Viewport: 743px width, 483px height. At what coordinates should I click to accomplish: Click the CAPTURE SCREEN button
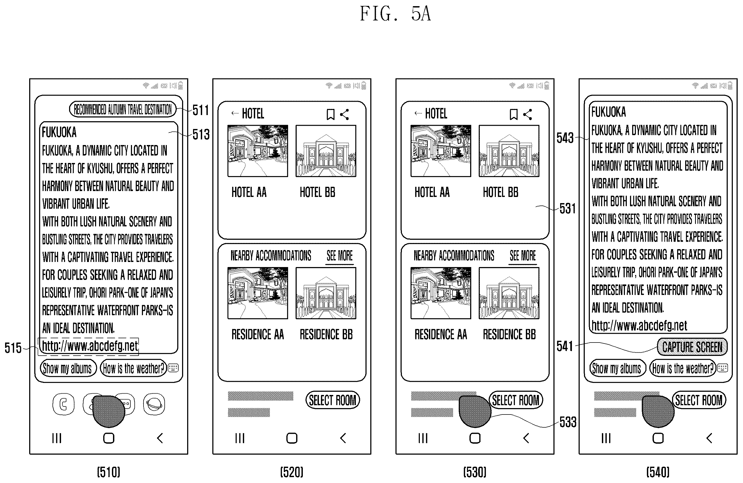coord(692,347)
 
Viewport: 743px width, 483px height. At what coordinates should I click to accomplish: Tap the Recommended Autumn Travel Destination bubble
coord(123,109)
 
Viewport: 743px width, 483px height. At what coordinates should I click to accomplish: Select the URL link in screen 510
coord(90,346)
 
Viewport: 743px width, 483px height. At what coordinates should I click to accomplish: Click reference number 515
coord(13,348)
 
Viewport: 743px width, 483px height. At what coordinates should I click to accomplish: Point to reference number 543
coord(565,138)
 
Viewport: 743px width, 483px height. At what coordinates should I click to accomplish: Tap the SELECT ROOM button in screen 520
coord(333,400)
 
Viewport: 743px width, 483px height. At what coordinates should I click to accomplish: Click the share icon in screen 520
coord(344,115)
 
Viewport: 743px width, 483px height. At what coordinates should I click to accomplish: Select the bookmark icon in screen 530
coord(514,115)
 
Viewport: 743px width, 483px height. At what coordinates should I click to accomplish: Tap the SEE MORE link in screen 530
coord(523,256)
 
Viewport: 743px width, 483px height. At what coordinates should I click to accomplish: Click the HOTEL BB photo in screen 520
coord(326,151)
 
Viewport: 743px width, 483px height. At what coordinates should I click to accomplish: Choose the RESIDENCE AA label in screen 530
coord(440,334)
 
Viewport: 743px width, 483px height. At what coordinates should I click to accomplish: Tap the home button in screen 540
coord(658,438)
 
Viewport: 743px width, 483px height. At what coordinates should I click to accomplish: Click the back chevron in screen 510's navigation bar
coord(160,438)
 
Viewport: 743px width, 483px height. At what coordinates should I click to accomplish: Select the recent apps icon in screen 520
coord(240,438)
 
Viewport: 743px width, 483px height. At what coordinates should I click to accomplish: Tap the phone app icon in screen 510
coord(64,404)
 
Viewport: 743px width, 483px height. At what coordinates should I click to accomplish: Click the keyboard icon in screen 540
coord(722,368)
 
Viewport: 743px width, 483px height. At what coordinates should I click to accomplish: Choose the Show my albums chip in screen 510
coord(68,368)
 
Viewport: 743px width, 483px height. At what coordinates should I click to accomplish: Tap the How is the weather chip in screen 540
coord(683,368)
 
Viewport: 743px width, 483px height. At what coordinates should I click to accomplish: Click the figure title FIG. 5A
coord(395,14)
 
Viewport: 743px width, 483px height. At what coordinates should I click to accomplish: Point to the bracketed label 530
coord(474,472)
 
